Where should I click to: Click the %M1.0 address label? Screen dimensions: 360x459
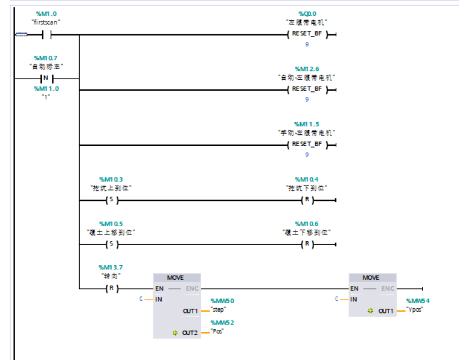pyautogui.click(x=46, y=13)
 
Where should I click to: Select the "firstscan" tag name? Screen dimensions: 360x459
pyautogui.click(x=46, y=22)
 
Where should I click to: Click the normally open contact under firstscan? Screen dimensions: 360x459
pyautogui.click(x=46, y=34)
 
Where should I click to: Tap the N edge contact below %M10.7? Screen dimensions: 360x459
pyautogui.click(x=46, y=79)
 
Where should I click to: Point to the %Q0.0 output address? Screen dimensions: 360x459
pyautogui.click(x=307, y=13)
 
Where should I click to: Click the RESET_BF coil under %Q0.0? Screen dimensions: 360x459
pyautogui.click(x=307, y=34)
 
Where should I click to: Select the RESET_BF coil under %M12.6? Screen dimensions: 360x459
pyautogui.click(x=307, y=90)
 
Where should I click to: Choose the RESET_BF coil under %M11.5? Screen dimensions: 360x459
pyautogui.click(x=307, y=144)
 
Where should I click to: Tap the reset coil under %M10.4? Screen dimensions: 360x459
pyautogui.click(x=307, y=200)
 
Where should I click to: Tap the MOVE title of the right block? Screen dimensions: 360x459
pyautogui.click(x=371, y=277)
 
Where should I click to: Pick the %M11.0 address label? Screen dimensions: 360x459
pyautogui.click(x=46, y=88)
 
